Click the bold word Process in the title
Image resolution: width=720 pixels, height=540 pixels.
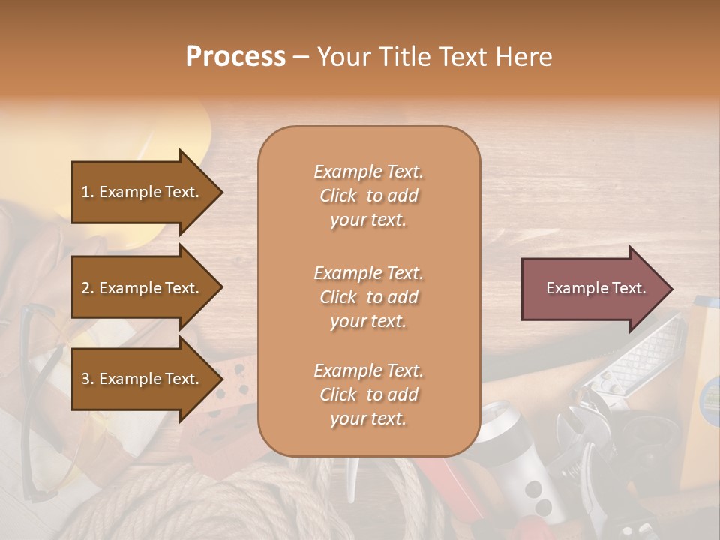pyautogui.click(x=235, y=57)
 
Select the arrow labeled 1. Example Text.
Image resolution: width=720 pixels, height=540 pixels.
pyautogui.click(x=142, y=192)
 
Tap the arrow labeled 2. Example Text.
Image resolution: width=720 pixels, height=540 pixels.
pyautogui.click(x=142, y=288)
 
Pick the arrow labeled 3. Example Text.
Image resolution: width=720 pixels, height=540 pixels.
pyautogui.click(x=142, y=379)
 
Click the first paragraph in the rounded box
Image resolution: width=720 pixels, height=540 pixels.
pyautogui.click(x=368, y=196)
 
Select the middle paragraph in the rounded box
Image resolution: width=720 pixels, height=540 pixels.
pyautogui.click(x=368, y=297)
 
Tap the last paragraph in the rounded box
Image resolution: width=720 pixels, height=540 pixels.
pyautogui.click(x=368, y=394)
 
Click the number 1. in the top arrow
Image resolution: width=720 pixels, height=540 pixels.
pyautogui.click(x=88, y=192)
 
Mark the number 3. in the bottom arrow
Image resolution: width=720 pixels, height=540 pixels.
pyautogui.click(x=88, y=379)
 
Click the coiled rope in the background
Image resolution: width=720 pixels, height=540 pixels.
pyautogui.click(x=225, y=502)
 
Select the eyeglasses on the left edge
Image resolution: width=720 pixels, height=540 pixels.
pyautogui.click(x=37, y=397)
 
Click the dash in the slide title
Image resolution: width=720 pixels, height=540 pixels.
pyautogui.click(x=301, y=57)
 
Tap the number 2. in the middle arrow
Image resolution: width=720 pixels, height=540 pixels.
pyautogui.click(x=88, y=288)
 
